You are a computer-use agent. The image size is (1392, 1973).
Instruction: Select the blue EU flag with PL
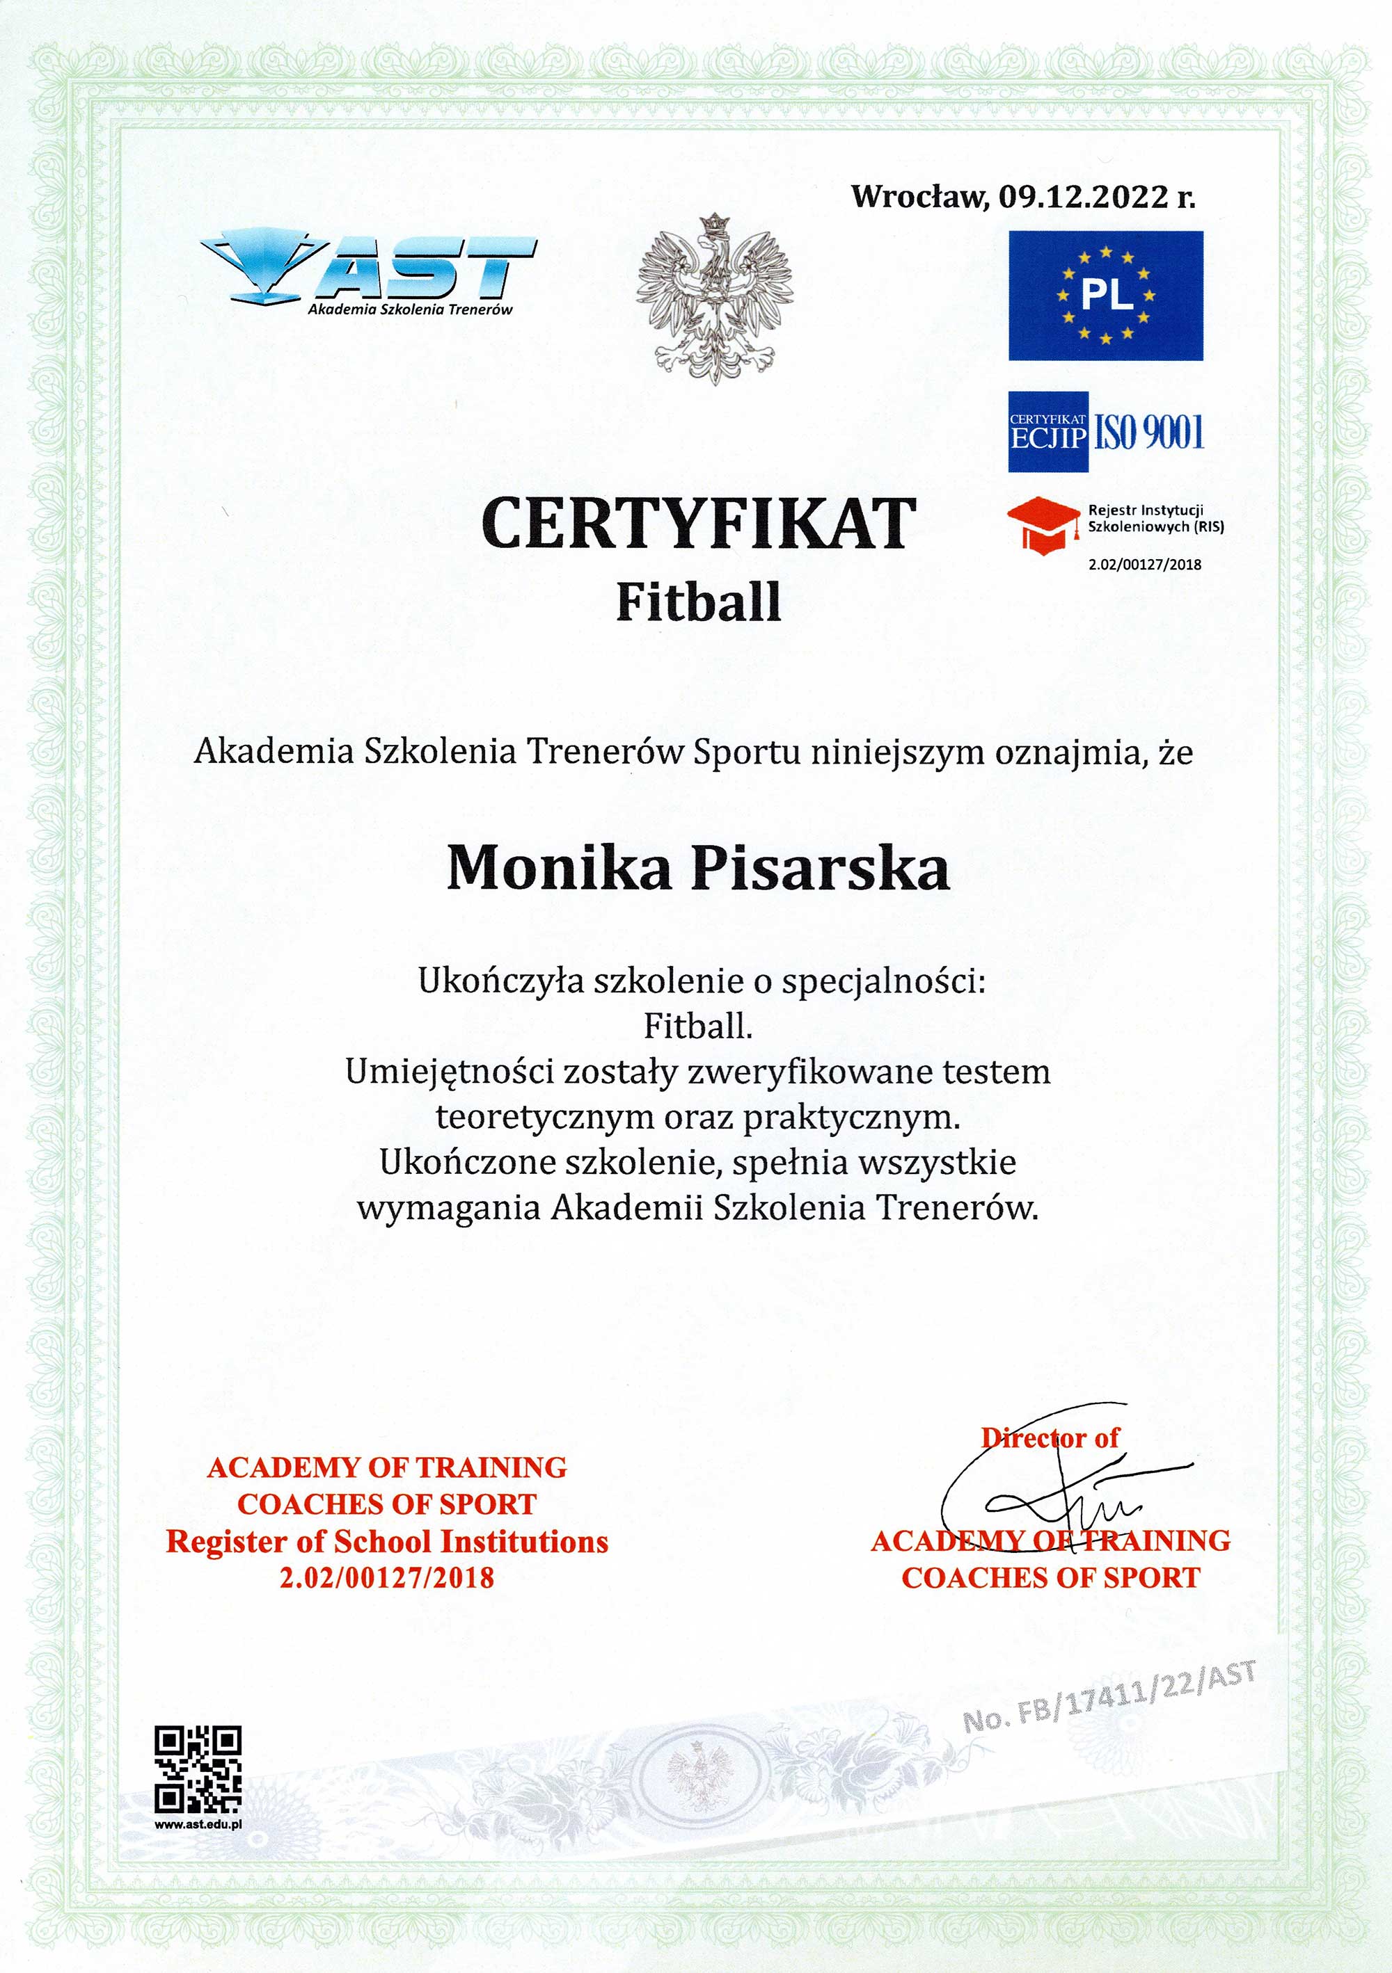pos(1105,296)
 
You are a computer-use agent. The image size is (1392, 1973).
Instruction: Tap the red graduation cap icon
pos(1043,524)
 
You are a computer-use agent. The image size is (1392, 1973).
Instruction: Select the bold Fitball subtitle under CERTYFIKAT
pos(698,602)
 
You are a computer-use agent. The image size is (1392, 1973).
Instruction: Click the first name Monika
pos(558,868)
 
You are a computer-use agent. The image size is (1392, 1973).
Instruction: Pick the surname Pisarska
pos(821,868)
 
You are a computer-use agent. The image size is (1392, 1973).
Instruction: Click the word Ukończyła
pos(489,981)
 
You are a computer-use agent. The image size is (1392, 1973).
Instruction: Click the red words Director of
pos(1050,1438)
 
